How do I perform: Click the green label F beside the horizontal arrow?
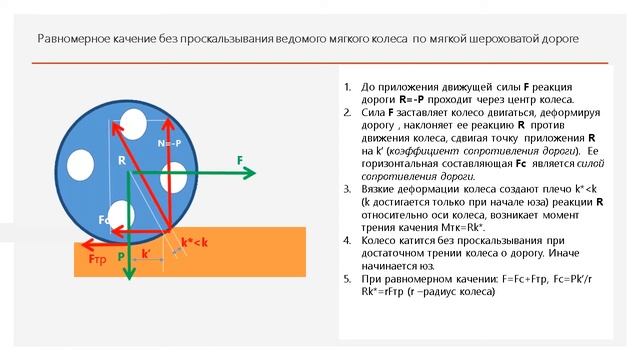point(240,160)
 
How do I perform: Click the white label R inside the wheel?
point(121,160)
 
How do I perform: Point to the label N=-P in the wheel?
point(170,144)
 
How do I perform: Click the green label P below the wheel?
point(121,256)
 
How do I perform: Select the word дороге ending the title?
point(556,40)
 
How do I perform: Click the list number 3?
point(345,187)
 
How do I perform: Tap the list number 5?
point(345,269)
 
